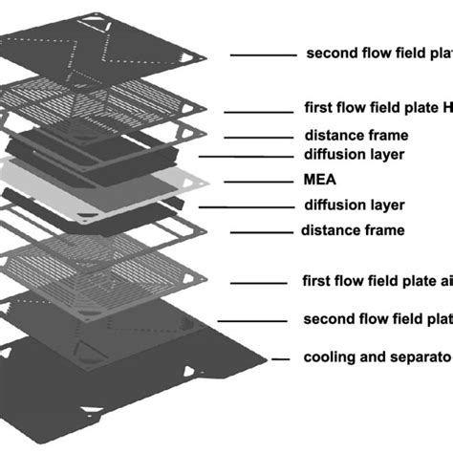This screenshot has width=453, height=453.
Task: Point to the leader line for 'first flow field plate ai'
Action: tap(258, 282)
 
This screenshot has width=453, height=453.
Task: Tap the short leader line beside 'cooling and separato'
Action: tap(280, 358)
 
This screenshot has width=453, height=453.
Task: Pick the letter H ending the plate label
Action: tap(446, 109)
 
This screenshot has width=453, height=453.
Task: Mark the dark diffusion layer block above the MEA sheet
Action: tap(115, 158)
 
